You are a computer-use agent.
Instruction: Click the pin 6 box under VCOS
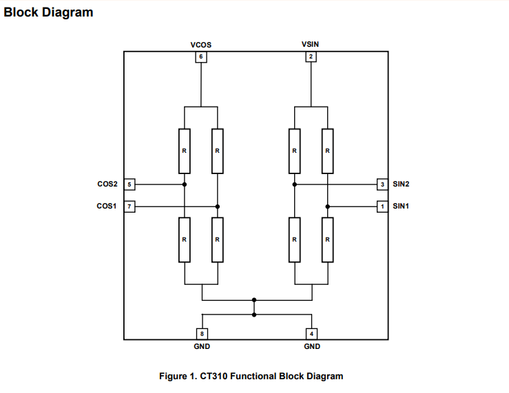tap(200, 57)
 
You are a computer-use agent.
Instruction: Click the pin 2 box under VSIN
tap(311, 57)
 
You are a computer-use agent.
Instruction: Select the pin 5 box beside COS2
tap(129, 184)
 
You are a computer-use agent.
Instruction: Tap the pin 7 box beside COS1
tap(129, 206)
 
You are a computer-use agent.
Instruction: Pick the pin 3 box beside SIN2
tap(382, 184)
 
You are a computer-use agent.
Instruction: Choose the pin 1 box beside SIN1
tap(382, 206)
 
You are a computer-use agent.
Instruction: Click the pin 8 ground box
tap(201, 334)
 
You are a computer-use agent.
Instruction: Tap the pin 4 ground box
tap(311, 334)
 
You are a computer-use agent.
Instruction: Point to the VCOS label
tap(200, 45)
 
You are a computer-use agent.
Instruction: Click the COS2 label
tap(107, 184)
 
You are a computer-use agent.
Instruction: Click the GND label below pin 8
tap(201, 346)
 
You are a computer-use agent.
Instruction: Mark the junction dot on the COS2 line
tap(185, 184)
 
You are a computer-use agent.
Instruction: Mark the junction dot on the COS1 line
tap(217, 206)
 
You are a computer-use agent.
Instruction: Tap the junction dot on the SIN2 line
tap(294, 184)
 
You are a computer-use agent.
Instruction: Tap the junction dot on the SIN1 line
tap(328, 206)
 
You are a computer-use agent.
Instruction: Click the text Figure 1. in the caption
tap(178, 376)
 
